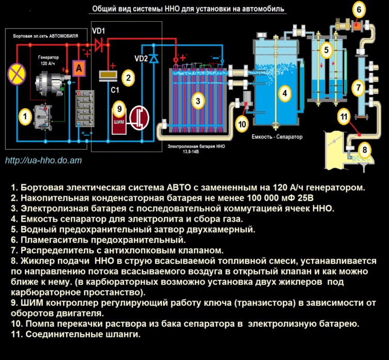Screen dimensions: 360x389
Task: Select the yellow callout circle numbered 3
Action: point(197,101)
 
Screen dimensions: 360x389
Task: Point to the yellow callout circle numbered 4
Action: point(284,93)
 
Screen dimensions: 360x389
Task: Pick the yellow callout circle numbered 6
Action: point(360,9)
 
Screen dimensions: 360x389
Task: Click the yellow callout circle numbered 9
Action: point(119,109)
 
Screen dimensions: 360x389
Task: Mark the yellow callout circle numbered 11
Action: point(344,116)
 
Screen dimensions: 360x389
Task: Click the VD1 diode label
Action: point(99,31)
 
